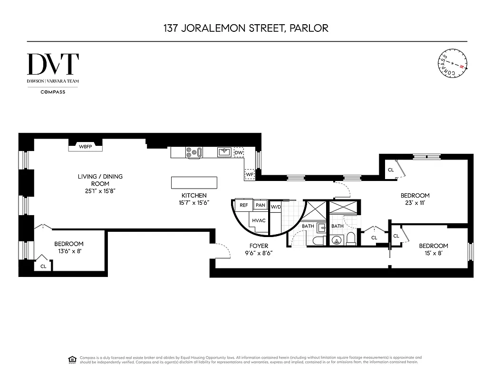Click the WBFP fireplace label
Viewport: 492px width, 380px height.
pyautogui.click(x=85, y=147)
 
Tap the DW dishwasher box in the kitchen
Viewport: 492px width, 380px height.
pyautogui.click(x=239, y=152)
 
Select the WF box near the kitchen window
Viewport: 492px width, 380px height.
pyautogui.click(x=250, y=174)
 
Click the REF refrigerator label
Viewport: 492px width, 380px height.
pyautogui.click(x=243, y=205)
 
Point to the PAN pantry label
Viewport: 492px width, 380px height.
pyautogui.click(x=260, y=205)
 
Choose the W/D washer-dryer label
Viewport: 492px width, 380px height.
pyautogui.click(x=275, y=207)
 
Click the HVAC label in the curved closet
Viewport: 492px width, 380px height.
pyautogui.click(x=258, y=221)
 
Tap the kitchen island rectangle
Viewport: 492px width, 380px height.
pyautogui.click(x=194, y=183)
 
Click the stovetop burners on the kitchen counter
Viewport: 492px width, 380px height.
pyautogui.click(x=192, y=152)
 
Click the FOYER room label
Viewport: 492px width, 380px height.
pyautogui.click(x=259, y=246)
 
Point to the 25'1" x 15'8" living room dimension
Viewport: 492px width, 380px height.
pyautogui.click(x=100, y=191)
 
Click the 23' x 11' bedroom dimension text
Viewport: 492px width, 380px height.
pyautogui.click(x=415, y=203)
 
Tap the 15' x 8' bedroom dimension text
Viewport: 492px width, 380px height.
pyautogui.click(x=433, y=253)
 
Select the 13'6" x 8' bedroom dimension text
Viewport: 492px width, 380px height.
pyautogui.click(x=68, y=251)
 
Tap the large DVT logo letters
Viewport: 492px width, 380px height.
pyautogui.click(x=53, y=65)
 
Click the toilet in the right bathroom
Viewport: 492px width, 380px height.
pyautogui.click(x=352, y=238)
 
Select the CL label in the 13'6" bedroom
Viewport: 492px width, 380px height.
pyautogui.click(x=43, y=266)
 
